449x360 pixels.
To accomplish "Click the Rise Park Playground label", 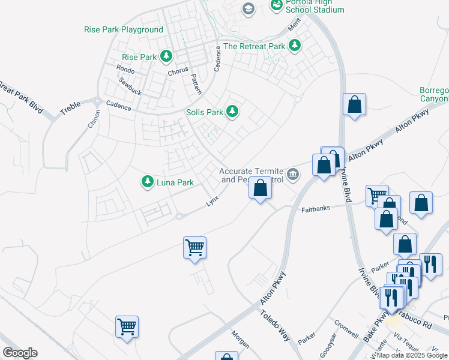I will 124,29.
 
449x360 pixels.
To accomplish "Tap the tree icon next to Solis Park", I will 232,112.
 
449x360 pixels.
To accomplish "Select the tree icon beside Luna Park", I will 147,182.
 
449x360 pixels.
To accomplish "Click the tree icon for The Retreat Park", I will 294,46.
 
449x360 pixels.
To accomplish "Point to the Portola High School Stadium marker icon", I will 277,5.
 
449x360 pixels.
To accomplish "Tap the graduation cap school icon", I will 248,8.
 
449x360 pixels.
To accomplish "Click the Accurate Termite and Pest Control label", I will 251,175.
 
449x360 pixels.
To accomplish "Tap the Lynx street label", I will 212,202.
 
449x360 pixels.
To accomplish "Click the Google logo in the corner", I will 20,353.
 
